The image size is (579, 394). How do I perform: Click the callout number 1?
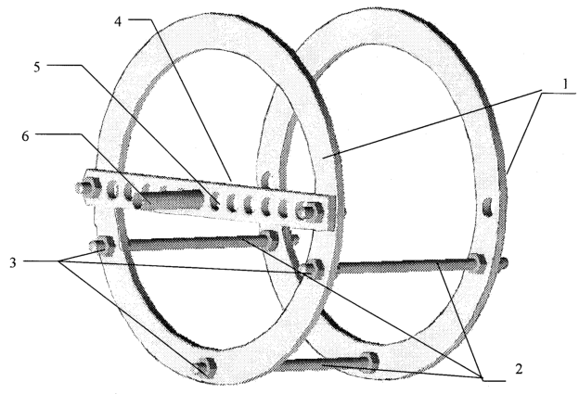coord(565,84)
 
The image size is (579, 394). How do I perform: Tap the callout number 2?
coord(519,369)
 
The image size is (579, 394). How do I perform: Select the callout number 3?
coord(13,262)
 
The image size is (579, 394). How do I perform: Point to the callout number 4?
coord(117,21)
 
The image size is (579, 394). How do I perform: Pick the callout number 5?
coord(36,68)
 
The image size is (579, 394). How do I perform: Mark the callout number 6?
coord(25,136)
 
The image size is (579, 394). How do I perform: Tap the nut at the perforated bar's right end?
coord(312,210)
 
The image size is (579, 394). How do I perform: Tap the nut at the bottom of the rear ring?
coord(369,360)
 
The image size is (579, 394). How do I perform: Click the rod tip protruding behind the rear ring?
coord(503,263)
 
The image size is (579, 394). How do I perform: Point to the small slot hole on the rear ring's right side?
coord(487,207)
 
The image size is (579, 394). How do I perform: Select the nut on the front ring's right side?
coord(315,268)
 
